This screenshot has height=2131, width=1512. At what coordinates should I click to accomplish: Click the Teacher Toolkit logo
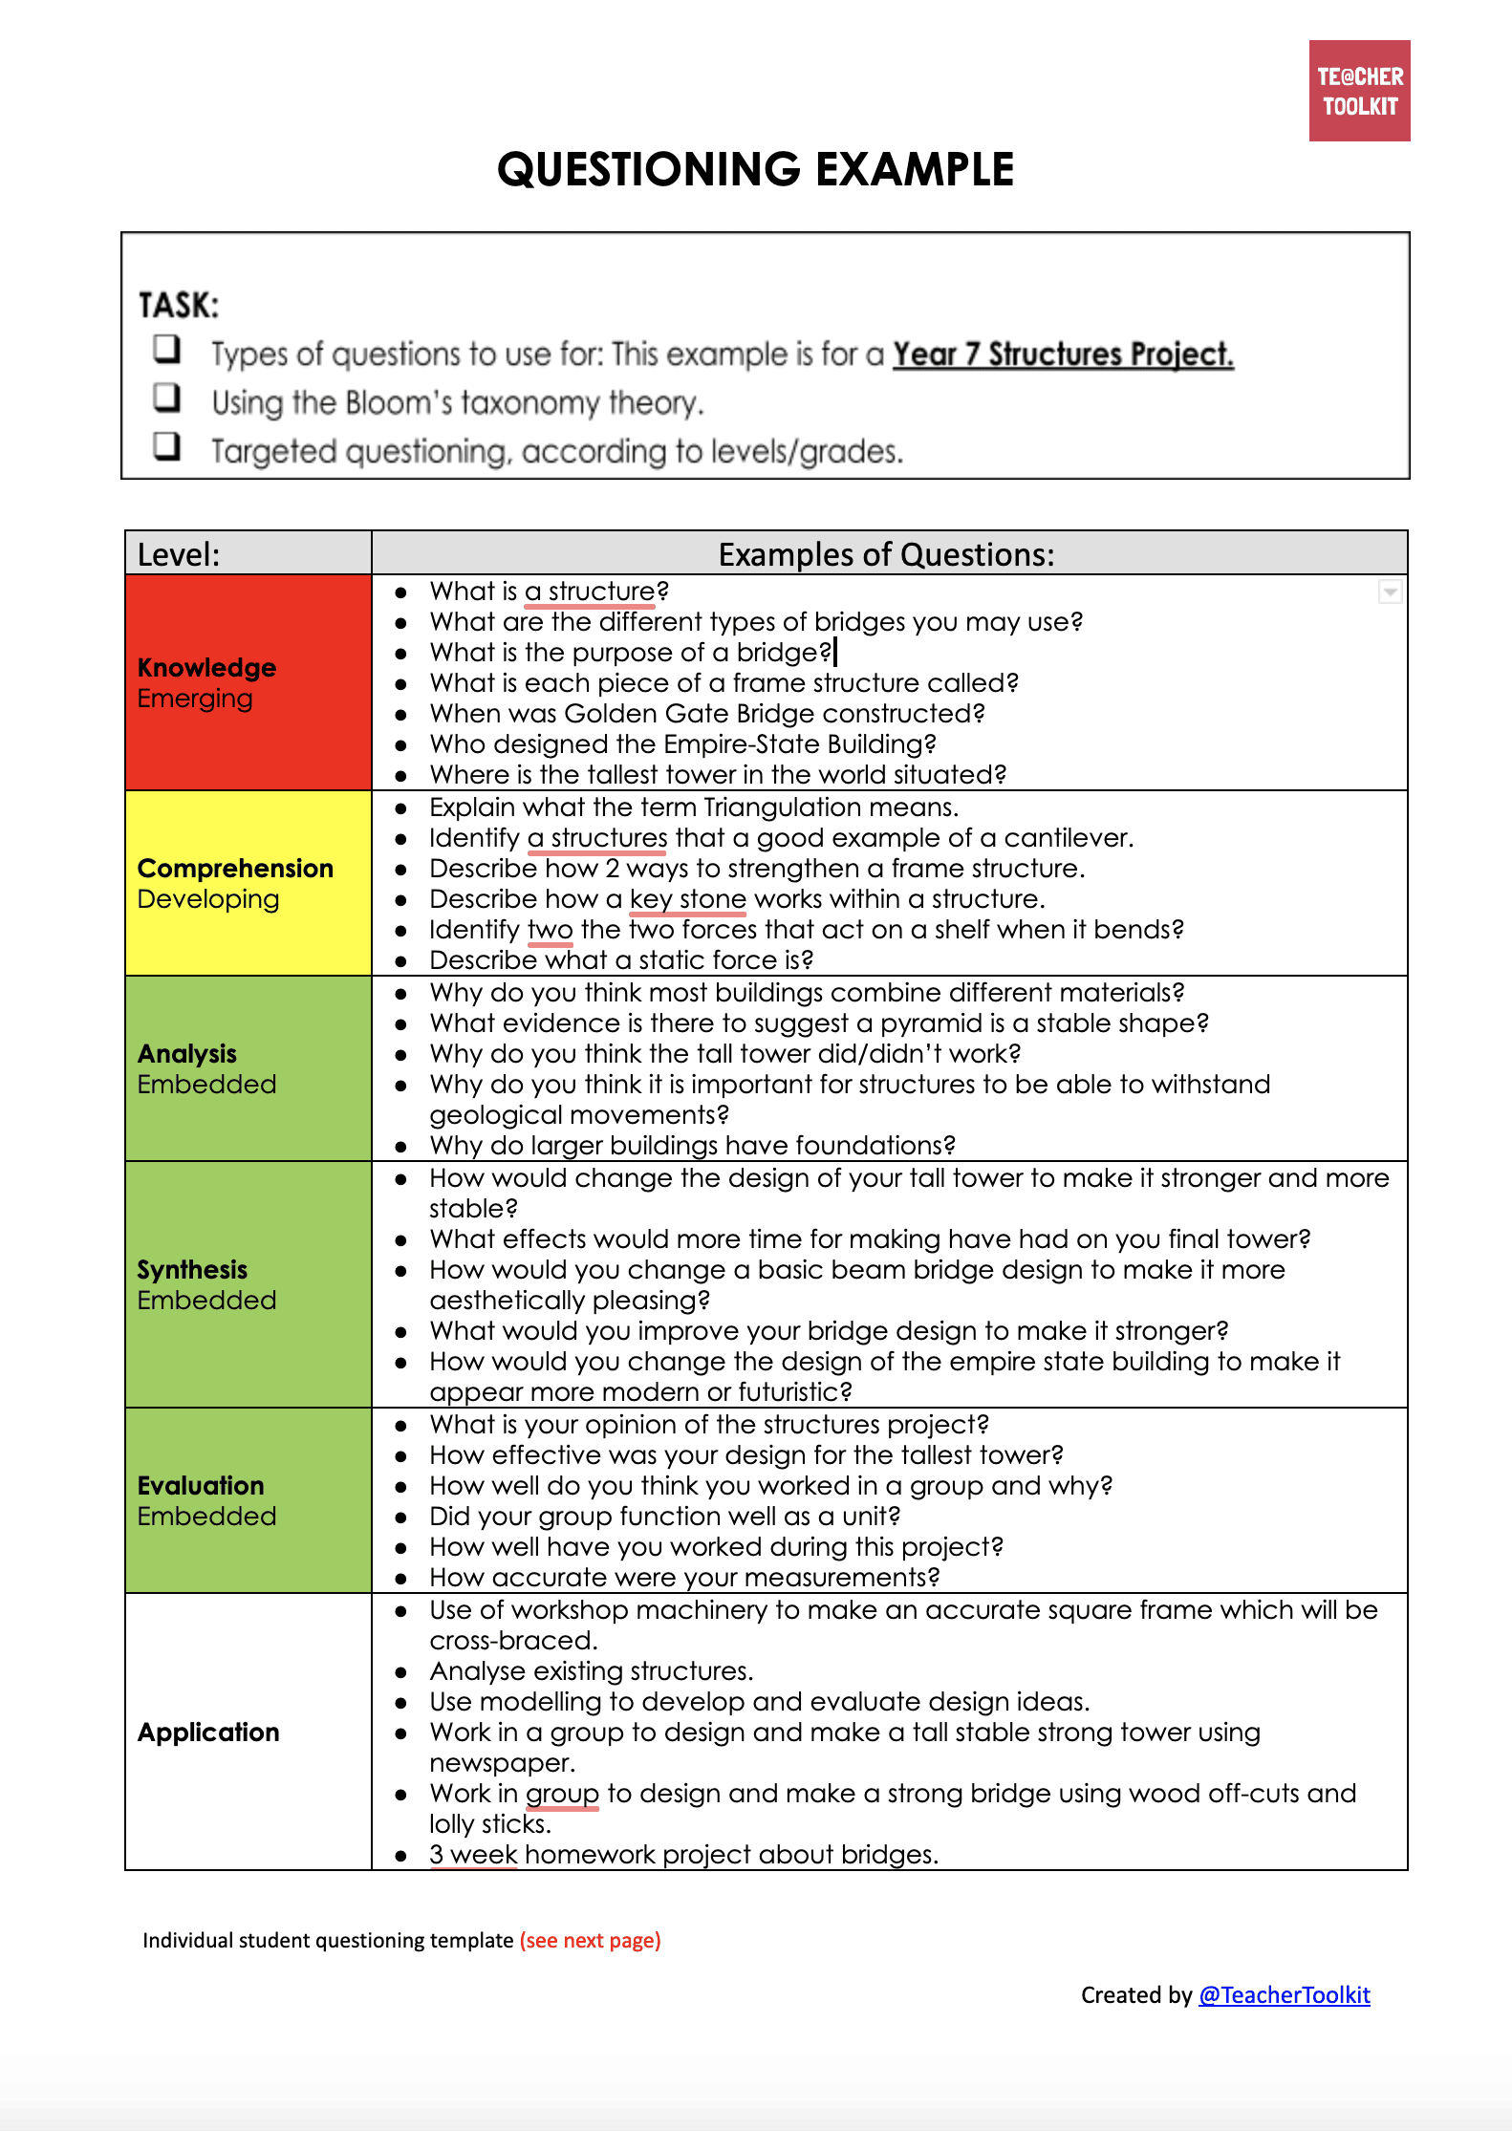[1358, 91]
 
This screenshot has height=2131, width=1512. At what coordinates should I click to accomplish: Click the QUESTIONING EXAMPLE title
[755, 170]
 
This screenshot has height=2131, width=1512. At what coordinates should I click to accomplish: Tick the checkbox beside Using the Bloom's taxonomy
[167, 397]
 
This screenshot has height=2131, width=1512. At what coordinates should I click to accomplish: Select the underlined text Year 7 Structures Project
[1062, 355]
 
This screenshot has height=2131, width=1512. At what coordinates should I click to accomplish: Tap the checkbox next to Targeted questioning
[167, 445]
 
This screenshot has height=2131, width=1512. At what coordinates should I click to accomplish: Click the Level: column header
[179, 554]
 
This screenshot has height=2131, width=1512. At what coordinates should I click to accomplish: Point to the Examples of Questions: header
[886, 554]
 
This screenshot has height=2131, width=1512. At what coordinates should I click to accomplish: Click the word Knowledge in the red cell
[206, 667]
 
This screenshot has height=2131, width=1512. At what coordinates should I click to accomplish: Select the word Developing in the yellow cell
[208, 899]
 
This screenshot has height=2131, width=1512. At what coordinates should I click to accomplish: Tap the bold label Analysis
[187, 1053]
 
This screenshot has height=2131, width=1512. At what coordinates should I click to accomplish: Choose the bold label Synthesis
[192, 1269]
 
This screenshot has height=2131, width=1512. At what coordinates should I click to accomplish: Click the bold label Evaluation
[201, 1485]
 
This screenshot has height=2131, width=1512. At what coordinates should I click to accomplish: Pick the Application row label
[208, 1732]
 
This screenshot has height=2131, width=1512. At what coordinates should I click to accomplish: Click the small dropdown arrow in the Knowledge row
[1390, 592]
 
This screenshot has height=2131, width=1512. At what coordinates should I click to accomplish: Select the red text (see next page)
[590, 1940]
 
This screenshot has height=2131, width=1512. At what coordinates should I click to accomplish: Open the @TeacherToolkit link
[1284, 1995]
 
